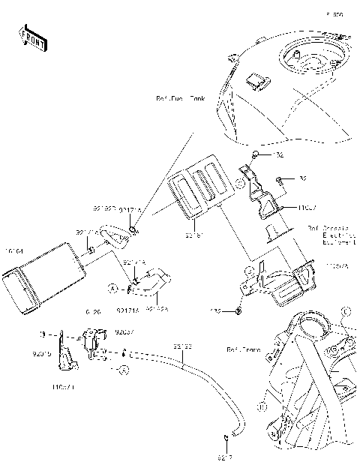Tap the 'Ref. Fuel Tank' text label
(180, 98)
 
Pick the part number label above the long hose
(183, 346)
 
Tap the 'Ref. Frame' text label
(242, 349)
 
